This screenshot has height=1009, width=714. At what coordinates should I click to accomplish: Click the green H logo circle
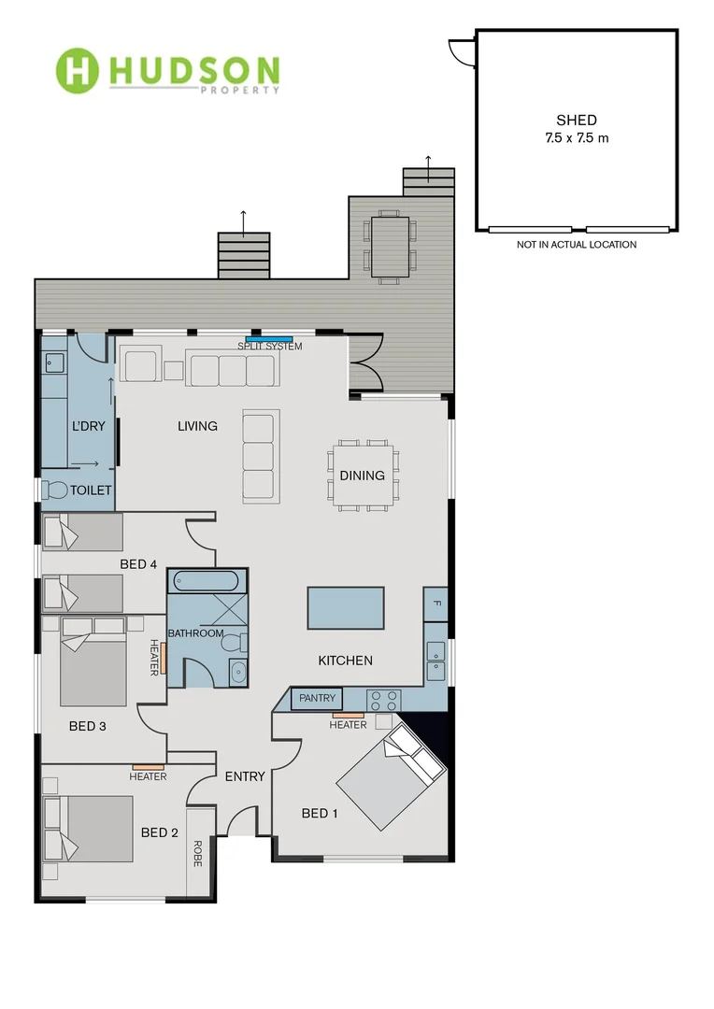pyautogui.click(x=78, y=69)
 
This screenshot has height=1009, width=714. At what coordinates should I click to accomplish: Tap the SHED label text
pyautogui.click(x=576, y=121)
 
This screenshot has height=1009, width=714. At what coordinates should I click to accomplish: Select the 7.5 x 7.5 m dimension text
pyautogui.click(x=576, y=137)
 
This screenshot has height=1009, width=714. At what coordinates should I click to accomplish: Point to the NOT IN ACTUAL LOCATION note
pyautogui.click(x=576, y=245)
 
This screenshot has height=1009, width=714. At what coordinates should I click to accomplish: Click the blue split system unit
pyautogui.click(x=269, y=338)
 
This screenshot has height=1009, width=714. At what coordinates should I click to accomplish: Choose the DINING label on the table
pyautogui.click(x=362, y=476)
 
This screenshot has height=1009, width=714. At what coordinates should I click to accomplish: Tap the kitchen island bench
pyautogui.click(x=346, y=607)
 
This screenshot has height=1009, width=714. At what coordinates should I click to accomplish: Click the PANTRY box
pyautogui.click(x=318, y=699)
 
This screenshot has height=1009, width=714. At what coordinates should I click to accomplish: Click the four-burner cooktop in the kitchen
pyautogui.click(x=383, y=699)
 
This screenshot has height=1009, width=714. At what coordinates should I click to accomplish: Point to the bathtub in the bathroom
pyautogui.click(x=207, y=581)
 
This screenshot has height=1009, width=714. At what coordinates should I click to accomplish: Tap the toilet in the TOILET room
pyautogui.click(x=56, y=490)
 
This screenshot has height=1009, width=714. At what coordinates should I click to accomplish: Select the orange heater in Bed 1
pyautogui.click(x=348, y=715)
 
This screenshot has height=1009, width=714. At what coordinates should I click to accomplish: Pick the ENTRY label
pyautogui.click(x=246, y=776)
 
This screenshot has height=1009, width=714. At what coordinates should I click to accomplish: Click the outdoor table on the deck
pyautogui.click(x=391, y=246)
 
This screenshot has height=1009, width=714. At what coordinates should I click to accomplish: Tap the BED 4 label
pyautogui.click(x=138, y=564)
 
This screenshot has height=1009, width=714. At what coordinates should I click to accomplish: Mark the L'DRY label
pyautogui.click(x=89, y=427)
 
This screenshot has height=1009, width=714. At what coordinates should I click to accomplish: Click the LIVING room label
pyautogui.click(x=197, y=426)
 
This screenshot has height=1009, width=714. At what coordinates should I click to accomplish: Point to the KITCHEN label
pyautogui.click(x=346, y=661)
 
